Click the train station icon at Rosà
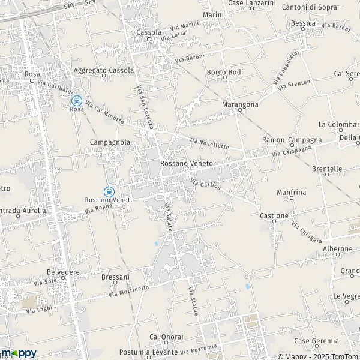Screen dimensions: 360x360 point(76,101)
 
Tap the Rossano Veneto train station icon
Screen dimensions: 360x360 point(109,191)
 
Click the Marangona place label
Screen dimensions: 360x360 point(240,104)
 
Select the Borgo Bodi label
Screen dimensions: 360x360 point(224,72)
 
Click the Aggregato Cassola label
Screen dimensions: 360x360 point(103,70)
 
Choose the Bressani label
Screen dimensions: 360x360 point(115,277)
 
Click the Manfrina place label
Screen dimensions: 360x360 point(292,192)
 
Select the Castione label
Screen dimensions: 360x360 point(274,215)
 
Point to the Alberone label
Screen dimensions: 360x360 point(338,248)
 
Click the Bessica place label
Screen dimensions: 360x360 point(303,23)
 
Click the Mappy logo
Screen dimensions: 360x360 point(19,353)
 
